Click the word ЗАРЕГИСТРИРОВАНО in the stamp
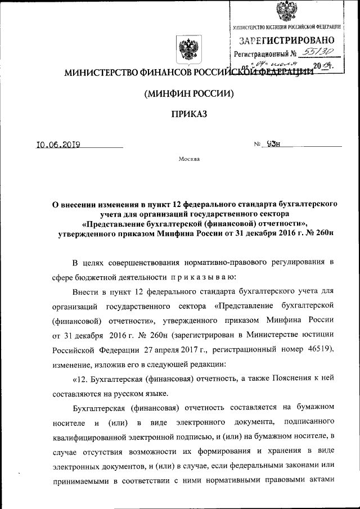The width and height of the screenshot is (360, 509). point(287,40)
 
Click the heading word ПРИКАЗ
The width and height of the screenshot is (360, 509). point(189,114)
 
